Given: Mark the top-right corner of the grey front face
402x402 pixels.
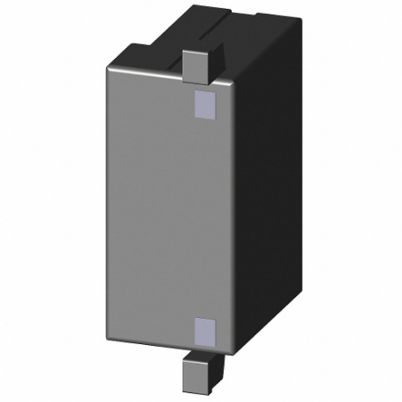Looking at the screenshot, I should point(235,83).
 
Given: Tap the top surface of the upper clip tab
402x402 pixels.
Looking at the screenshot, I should point(197,52).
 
